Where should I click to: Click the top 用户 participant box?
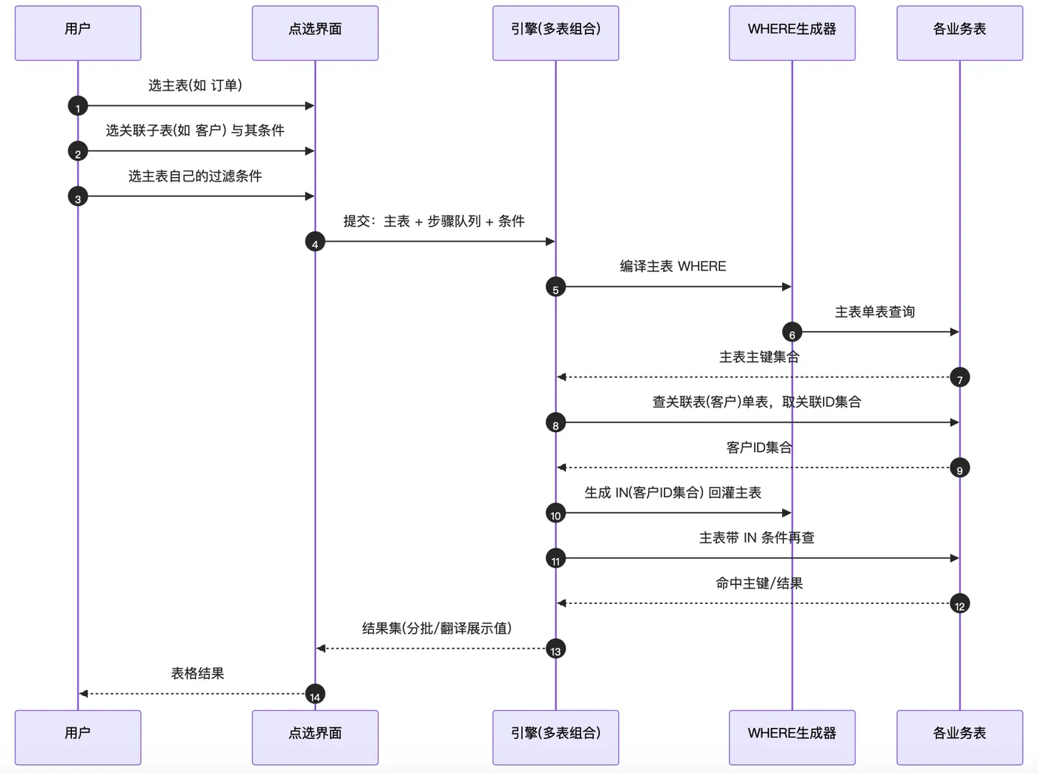pos(78,33)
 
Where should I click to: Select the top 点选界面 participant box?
pos(315,33)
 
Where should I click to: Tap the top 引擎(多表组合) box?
pos(555,33)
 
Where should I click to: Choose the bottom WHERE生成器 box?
pos(792,737)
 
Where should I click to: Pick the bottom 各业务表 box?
pos(959,737)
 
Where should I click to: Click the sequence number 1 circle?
pos(78,106)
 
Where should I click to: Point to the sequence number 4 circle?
pos(315,242)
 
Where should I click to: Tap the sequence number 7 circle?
pos(959,378)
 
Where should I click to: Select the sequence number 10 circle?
pos(555,514)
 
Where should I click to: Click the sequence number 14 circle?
pos(315,694)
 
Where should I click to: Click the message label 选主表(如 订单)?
pos(195,85)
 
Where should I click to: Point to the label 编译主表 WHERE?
pos(673,266)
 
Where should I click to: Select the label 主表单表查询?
pos(875,311)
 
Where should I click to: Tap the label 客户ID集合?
pos(758,448)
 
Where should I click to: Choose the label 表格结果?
pos(197,674)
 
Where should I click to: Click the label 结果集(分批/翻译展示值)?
pos(437,628)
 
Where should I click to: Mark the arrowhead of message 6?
pos(955,332)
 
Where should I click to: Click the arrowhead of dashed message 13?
pos(321,648)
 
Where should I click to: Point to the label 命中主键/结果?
pos(759,583)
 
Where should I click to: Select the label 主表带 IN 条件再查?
pos(757,537)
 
